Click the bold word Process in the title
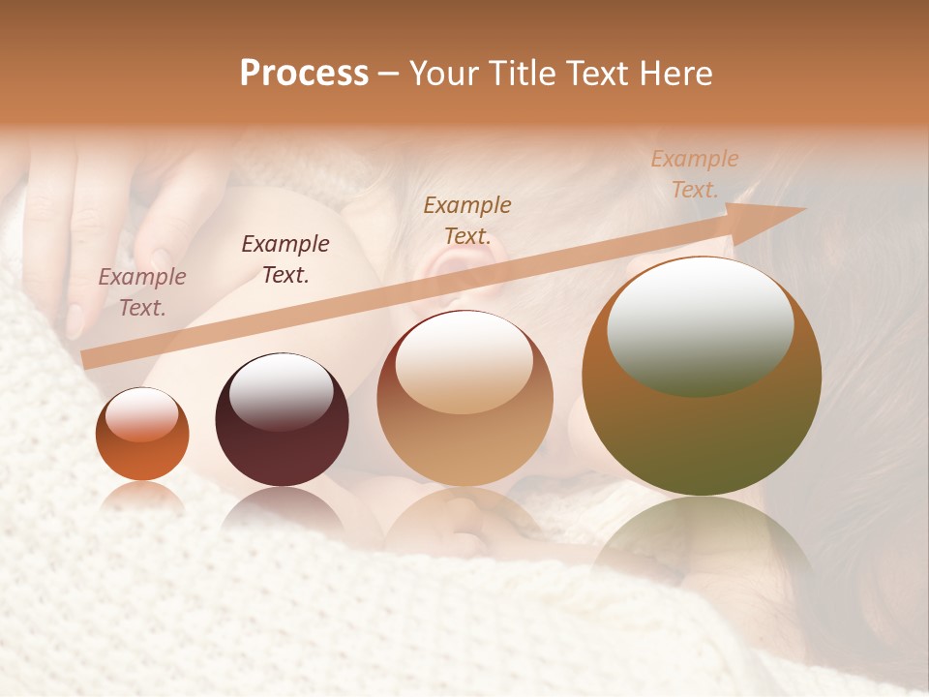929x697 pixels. click(304, 74)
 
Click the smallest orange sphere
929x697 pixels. click(142, 435)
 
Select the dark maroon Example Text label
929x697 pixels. click(285, 259)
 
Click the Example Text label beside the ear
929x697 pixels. click(467, 220)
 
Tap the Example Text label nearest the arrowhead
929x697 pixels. click(694, 173)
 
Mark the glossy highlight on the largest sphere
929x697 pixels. click(700, 326)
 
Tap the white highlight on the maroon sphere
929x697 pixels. click(281, 390)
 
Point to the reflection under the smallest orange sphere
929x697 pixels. click(142, 497)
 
